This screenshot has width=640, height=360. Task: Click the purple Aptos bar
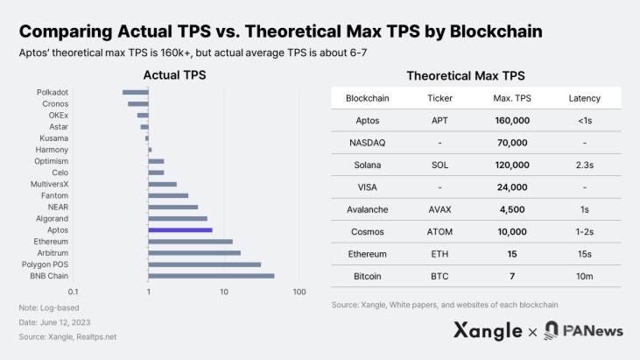pyautogui.click(x=180, y=229)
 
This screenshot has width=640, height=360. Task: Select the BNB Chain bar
pyautogui.click(x=211, y=276)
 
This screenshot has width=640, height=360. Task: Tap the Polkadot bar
pyautogui.click(x=136, y=92)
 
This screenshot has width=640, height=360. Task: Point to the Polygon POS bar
pyautogui.click(x=205, y=264)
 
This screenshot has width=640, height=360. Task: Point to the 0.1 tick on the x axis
pyautogui.click(x=74, y=291)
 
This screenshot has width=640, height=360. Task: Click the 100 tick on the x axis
pyautogui.click(x=299, y=291)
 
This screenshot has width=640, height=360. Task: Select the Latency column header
pyautogui.click(x=584, y=97)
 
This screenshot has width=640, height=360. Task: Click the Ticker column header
pyautogui.click(x=439, y=97)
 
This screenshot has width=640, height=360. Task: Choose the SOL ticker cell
pyautogui.click(x=439, y=164)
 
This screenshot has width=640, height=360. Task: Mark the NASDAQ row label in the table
pyautogui.click(x=368, y=142)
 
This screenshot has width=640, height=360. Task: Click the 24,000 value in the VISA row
pyautogui.click(x=510, y=187)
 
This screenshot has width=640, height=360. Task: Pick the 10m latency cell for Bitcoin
pyautogui.click(x=584, y=276)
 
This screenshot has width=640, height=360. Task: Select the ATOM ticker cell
pyautogui.click(x=439, y=231)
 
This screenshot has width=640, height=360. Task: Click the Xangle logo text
pyautogui.click(x=488, y=331)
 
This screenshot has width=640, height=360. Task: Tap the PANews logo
pyautogui.click(x=581, y=331)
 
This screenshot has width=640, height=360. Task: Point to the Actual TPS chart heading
pyautogui.click(x=174, y=76)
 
